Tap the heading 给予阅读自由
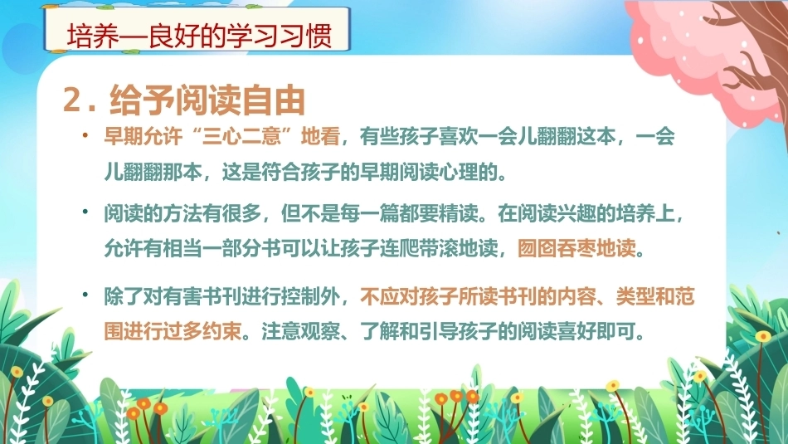click(207, 100)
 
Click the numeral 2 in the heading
click(72, 100)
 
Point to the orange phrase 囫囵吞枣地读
click(576, 248)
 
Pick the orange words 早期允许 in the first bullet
click(143, 137)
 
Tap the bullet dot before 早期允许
click(86, 135)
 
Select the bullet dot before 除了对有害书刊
click(86, 295)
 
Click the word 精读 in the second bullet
click(459, 214)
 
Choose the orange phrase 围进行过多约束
click(173, 332)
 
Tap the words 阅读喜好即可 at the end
click(576, 332)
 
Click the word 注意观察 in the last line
click(300, 332)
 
